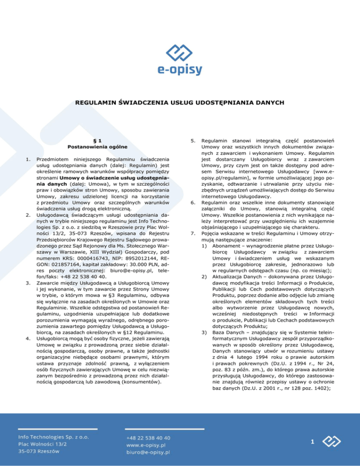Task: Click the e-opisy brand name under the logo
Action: (180, 70)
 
